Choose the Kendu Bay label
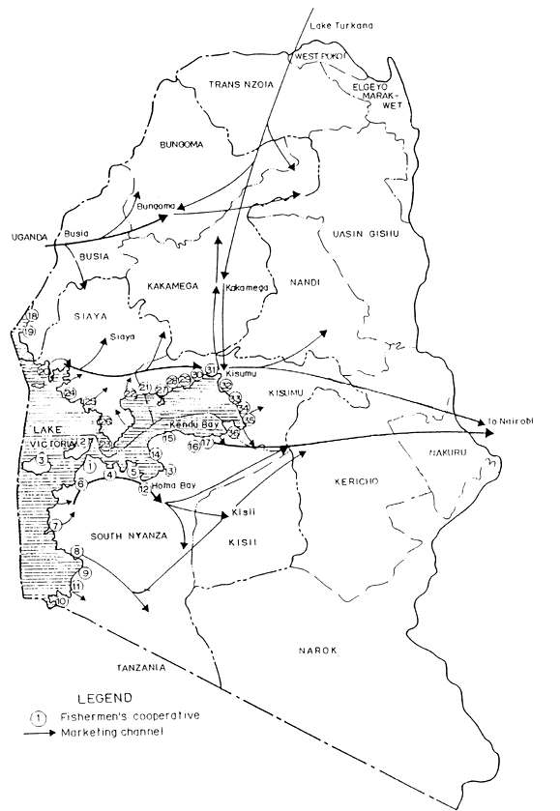click(191, 424)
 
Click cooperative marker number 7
click(55, 525)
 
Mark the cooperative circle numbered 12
click(143, 490)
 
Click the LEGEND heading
click(103, 695)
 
